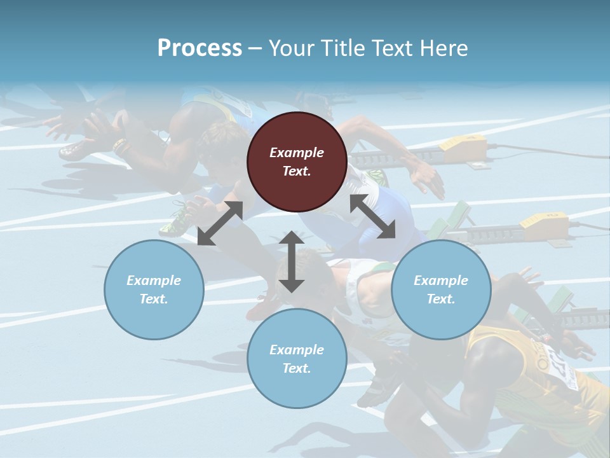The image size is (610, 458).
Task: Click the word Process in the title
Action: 200,48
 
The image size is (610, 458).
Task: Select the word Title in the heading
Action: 340,48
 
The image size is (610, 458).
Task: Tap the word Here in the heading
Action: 445,48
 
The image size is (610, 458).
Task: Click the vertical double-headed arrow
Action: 292,261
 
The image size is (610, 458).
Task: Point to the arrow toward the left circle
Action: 220,223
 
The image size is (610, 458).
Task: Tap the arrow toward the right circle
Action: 372,217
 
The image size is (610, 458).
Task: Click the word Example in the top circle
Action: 297,153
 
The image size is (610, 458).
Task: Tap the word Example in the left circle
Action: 154,281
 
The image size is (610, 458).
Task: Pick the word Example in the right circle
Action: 441,281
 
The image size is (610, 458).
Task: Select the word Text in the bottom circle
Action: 297,368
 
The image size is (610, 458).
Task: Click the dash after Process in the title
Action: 255,48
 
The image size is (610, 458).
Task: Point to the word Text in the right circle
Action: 441,299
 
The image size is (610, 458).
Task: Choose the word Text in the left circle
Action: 154,299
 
